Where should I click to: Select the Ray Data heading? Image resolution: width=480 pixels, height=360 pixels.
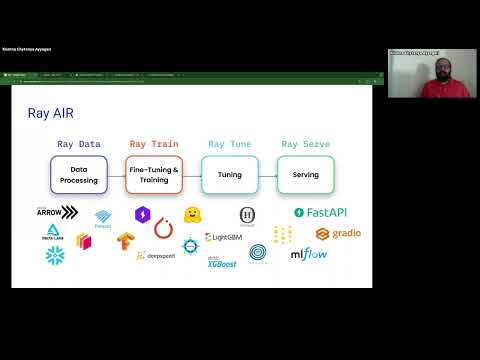[x=78, y=144]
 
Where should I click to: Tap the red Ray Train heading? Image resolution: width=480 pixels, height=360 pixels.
[x=154, y=144]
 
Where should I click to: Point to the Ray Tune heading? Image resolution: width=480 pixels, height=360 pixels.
[x=229, y=144]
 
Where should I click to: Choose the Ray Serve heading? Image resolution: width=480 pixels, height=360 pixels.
[x=304, y=144]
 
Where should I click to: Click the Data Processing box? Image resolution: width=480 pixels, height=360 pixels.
[x=78, y=175]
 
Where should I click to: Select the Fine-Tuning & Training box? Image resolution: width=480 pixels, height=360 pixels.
[x=154, y=175]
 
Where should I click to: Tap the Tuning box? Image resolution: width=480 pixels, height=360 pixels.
[x=230, y=175]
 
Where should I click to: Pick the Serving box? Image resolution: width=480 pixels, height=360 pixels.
[x=305, y=175]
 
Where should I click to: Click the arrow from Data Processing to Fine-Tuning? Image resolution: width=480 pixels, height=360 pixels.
[x=116, y=175]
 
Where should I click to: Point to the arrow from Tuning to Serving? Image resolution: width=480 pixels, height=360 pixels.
[x=267, y=175]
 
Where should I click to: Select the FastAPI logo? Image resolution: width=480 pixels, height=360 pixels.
[x=319, y=212]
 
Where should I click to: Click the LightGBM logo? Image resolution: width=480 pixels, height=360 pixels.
[x=223, y=237]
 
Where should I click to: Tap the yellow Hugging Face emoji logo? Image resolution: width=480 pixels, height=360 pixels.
[x=193, y=215]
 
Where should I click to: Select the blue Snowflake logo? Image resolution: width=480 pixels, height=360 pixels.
[x=54, y=255]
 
